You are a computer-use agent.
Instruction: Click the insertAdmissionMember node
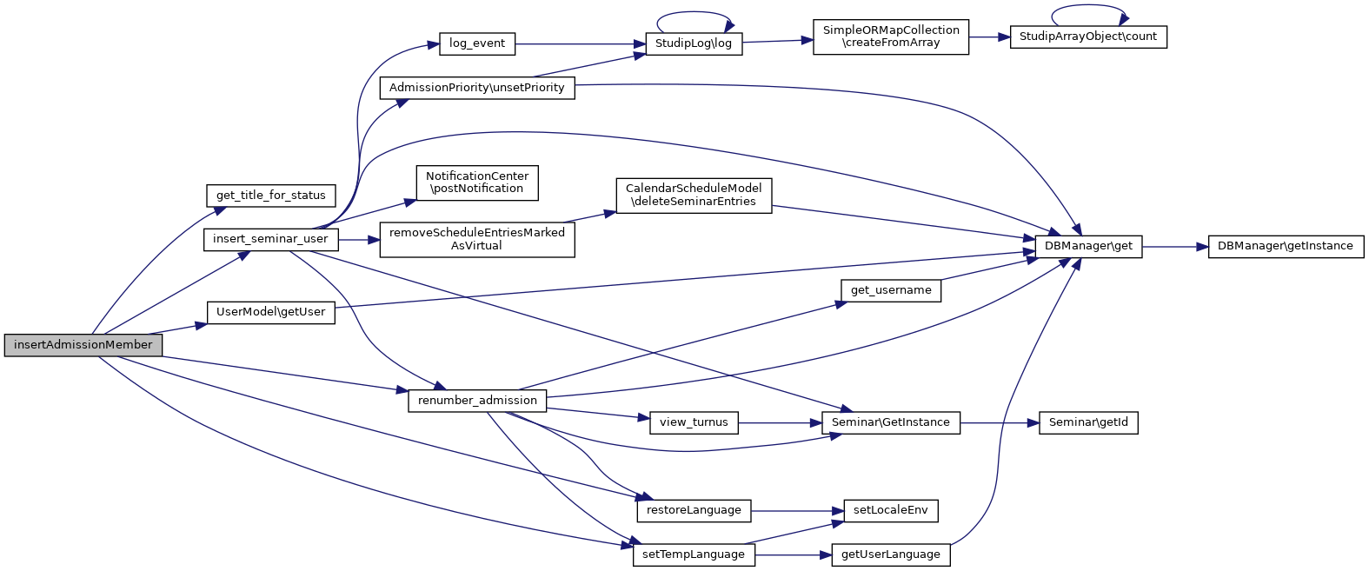(x=83, y=345)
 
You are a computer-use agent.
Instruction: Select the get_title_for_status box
(x=271, y=196)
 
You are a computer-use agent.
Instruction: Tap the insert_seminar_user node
(x=270, y=239)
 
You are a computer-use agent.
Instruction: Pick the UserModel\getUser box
(x=271, y=312)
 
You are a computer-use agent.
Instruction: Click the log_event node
(x=477, y=43)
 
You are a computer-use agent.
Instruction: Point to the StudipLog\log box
(x=694, y=43)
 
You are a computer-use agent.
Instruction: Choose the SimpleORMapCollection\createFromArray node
(x=891, y=37)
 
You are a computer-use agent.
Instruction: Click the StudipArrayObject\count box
(x=1088, y=37)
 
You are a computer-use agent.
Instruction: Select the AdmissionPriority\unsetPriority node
(x=477, y=88)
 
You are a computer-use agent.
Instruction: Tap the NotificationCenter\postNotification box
(x=477, y=183)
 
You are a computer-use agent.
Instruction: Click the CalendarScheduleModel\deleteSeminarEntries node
(x=694, y=196)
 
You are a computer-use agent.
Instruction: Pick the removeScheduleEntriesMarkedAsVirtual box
(x=477, y=239)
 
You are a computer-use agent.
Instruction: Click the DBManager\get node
(x=1088, y=247)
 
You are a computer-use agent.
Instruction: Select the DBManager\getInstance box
(x=1286, y=247)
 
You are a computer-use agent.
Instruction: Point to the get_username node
(x=891, y=290)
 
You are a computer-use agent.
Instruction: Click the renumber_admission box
(x=477, y=401)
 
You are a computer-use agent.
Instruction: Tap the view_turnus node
(x=694, y=423)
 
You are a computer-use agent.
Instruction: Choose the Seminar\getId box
(x=1088, y=423)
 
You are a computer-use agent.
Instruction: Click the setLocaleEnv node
(x=891, y=511)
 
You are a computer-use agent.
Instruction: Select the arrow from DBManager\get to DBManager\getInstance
(x=1175, y=247)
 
